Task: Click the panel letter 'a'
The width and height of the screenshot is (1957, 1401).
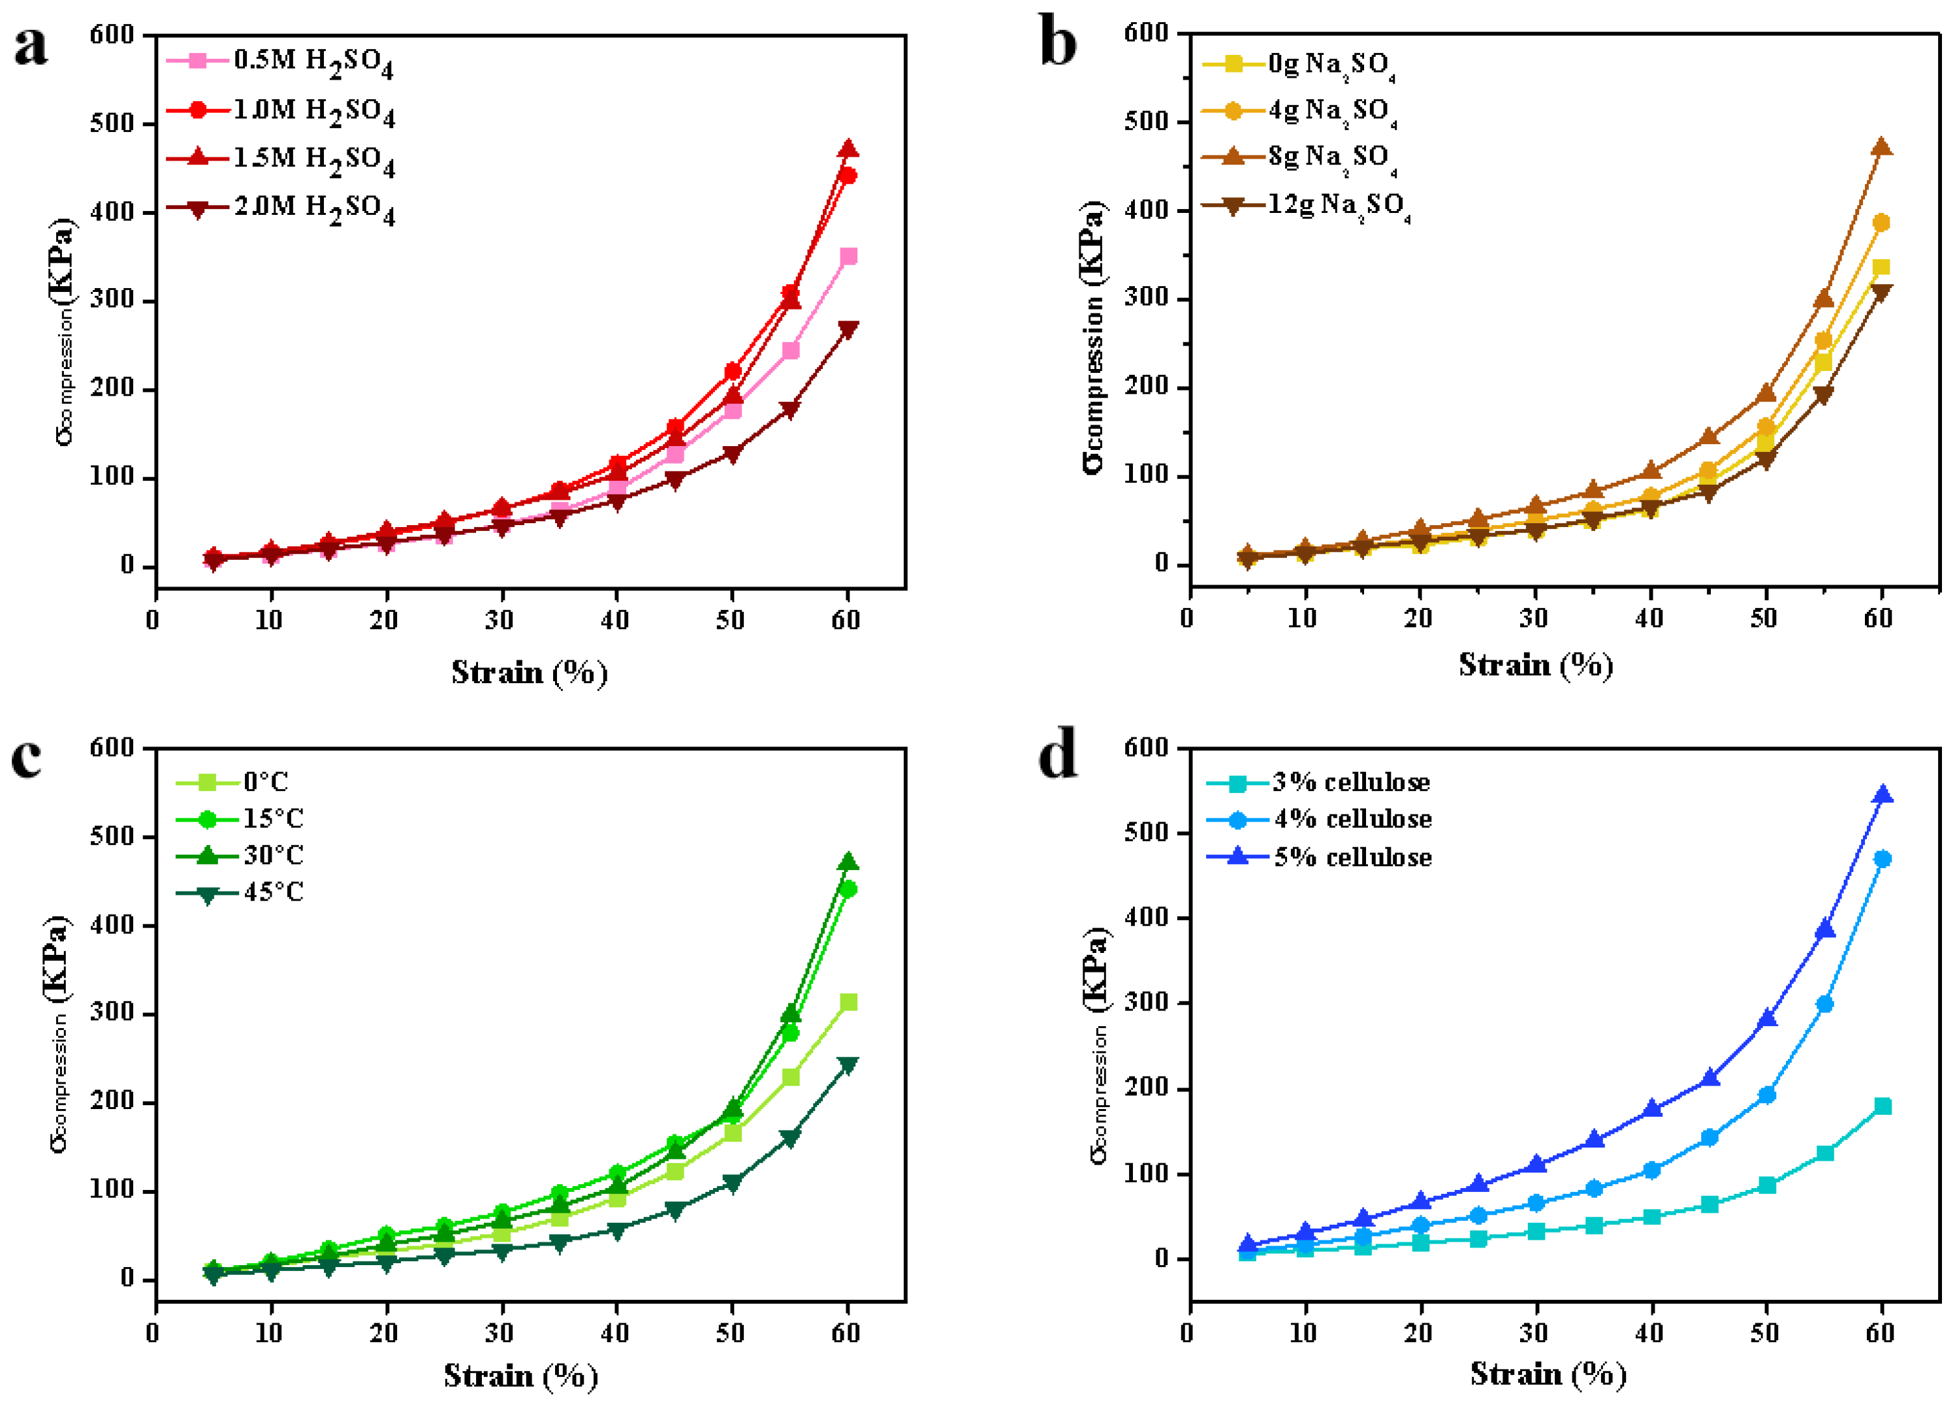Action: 31,45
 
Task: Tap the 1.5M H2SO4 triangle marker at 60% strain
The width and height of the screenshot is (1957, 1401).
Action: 848,150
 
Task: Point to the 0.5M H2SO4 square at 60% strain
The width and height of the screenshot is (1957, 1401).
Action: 848,256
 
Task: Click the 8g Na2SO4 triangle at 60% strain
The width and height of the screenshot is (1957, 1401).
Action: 1881,148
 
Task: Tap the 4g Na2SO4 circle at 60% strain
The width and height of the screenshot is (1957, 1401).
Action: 1881,223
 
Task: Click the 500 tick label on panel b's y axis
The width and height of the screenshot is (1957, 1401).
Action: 1149,121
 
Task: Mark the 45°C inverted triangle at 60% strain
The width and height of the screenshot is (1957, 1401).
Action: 848,1065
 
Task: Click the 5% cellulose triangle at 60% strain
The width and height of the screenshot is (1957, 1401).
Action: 1883,794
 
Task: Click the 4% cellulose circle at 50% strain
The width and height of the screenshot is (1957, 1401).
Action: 1766,1095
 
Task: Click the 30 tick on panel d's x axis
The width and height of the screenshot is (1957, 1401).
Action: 1533,1333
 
